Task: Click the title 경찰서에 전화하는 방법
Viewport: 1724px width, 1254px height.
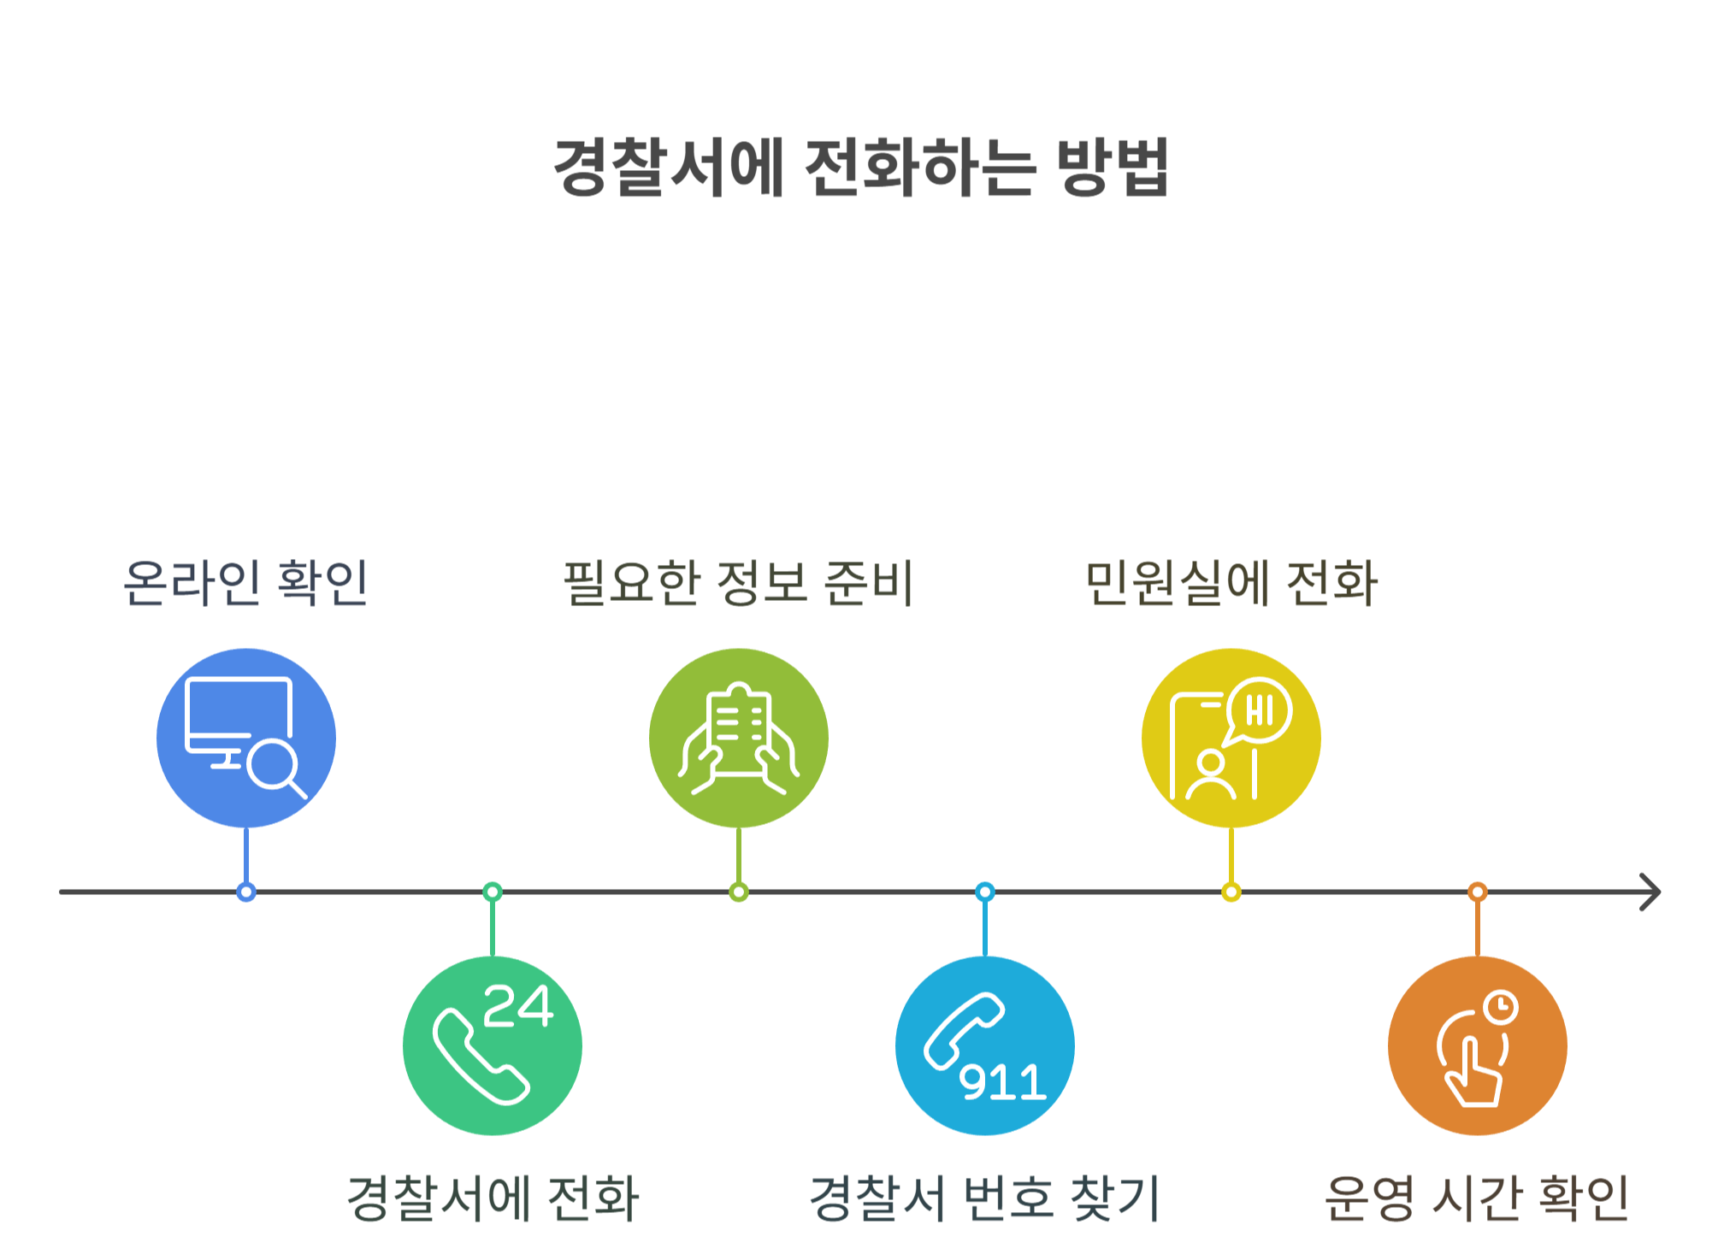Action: point(861,167)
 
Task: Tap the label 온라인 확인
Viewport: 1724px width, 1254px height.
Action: point(246,583)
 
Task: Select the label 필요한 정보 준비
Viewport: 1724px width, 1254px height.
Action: point(739,583)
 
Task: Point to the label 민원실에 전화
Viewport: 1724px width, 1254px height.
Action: point(1231,583)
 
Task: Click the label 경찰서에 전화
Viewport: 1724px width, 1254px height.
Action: point(493,1198)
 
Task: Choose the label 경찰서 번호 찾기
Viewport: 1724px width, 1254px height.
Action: point(985,1198)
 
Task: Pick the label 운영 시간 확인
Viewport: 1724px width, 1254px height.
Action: point(1477,1198)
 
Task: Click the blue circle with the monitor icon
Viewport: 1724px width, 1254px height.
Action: point(246,738)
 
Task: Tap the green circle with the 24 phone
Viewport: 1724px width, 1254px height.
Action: point(493,1045)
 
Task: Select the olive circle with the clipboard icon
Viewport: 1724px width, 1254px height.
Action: point(739,738)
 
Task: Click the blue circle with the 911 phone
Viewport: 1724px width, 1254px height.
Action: point(985,1045)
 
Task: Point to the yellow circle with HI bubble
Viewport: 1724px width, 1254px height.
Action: point(1231,738)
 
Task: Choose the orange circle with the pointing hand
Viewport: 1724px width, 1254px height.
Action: point(1477,1045)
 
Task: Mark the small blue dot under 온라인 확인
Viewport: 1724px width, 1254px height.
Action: point(246,892)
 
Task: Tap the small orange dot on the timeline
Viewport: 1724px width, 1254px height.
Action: point(1477,892)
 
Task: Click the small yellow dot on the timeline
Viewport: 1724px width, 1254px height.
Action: point(1231,892)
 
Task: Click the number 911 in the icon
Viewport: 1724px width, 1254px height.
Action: point(1002,1082)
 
